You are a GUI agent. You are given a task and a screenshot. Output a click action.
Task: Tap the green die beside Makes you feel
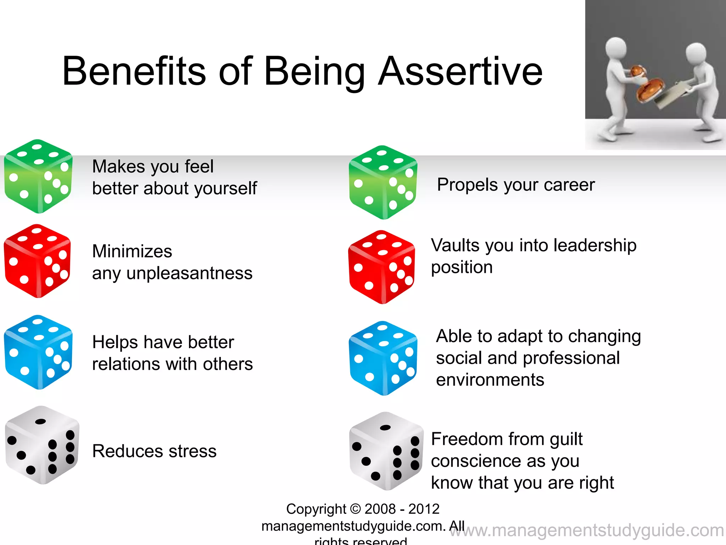click(38, 176)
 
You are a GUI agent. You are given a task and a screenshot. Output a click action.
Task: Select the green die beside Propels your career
click(383, 182)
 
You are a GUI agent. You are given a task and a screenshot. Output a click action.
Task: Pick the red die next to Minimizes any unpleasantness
click(37, 261)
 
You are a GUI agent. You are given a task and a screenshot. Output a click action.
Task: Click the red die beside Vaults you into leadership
click(381, 267)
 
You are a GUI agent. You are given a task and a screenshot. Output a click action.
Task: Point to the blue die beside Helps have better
click(38, 352)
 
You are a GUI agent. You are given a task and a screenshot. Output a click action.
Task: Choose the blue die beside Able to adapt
click(383, 358)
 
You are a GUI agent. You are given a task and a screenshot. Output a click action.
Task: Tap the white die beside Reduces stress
click(42, 445)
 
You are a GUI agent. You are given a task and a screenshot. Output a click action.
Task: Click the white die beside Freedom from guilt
click(386, 451)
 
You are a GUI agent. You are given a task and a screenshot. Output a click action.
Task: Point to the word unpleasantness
click(189, 274)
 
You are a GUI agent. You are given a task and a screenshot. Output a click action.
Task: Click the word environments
click(490, 380)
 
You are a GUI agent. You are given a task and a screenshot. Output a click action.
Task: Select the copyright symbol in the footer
click(355, 509)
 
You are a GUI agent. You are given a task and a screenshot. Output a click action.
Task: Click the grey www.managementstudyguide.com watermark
click(588, 531)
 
